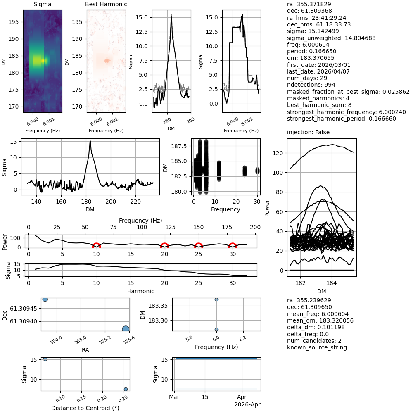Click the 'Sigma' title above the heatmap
(x=43, y=4)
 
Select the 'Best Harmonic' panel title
(x=106, y=4)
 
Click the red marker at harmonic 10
(x=96, y=245)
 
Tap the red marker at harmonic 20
(x=164, y=245)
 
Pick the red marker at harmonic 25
(x=199, y=245)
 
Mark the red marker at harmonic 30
(x=233, y=245)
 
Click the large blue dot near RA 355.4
(x=126, y=329)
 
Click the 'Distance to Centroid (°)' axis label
(x=85, y=408)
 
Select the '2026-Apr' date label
(x=247, y=404)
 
